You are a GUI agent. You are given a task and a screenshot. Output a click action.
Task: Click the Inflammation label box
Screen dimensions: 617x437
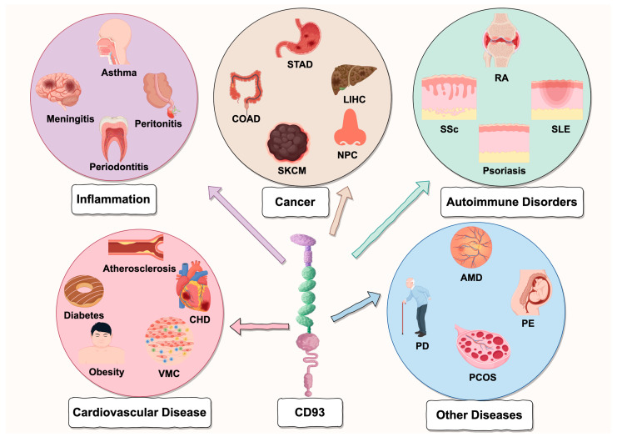(113, 199)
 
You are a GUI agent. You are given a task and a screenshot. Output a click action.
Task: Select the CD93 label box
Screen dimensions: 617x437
(310, 413)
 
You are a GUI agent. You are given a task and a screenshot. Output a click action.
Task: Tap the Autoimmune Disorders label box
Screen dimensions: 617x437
(511, 202)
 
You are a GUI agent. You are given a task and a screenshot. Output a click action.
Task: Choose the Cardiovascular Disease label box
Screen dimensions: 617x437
(139, 413)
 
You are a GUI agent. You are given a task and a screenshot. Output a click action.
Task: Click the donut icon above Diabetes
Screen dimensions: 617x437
(84, 292)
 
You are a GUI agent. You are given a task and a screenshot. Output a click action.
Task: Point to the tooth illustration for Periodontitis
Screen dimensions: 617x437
(113, 138)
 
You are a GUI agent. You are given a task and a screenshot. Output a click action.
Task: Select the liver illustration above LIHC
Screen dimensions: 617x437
(353, 80)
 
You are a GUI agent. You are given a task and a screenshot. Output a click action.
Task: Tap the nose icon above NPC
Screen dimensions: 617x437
(350, 128)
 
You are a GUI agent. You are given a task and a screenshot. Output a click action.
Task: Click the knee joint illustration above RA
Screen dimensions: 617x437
(501, 41)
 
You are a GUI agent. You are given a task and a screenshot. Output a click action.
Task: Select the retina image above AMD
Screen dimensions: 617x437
(471, 249)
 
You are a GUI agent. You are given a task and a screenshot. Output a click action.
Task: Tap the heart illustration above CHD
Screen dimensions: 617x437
(193, 287)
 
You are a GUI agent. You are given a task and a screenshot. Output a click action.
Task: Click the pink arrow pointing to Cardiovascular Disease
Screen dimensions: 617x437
(259, 327)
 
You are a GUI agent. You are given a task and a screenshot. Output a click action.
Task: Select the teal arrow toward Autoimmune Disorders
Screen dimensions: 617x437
(391, 219)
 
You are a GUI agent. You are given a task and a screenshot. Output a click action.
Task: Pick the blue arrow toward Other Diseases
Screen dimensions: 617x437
(356, 307)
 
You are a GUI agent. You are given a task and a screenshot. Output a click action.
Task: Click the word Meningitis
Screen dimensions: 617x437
(71, 119)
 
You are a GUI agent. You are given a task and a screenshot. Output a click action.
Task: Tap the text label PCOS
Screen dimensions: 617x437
(482, 378)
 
